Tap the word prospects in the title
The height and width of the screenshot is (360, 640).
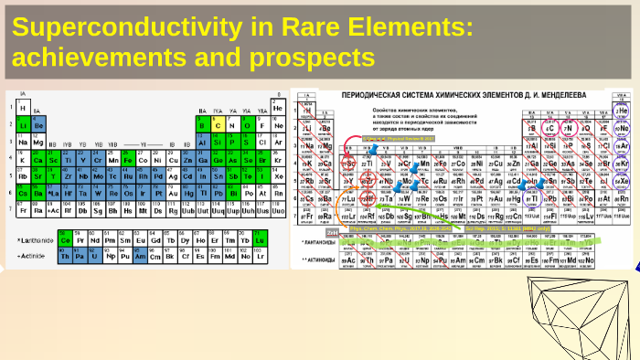(310, 58)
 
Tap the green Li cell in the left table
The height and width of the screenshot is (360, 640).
(23, 125)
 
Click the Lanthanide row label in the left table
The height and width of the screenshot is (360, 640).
(36, 240)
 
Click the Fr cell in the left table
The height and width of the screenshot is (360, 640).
(23, 209)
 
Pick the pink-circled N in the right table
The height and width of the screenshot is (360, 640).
(571, 128)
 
